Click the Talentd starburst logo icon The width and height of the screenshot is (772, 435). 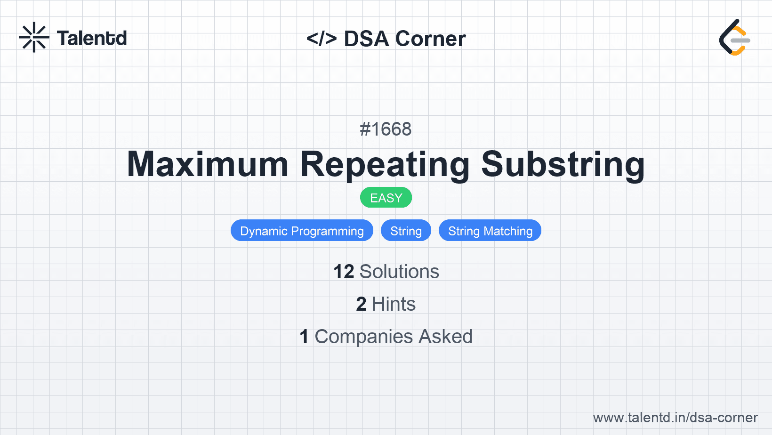coord(34,37)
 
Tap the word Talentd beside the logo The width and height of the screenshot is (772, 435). coord(92,38)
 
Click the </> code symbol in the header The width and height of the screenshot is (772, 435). coord(322,39)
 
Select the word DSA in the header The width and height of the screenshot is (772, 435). coord(366,39)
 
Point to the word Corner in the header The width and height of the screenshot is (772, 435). coord(430,39)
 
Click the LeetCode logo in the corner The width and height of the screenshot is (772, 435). coord(734,37)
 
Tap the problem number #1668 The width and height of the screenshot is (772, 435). coord(386,129)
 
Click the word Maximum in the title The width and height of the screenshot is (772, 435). coord(208,164)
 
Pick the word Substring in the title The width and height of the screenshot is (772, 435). coord(563,165)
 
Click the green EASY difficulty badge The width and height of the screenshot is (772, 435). coord(386,198)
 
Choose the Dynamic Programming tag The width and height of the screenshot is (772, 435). coord(302,231)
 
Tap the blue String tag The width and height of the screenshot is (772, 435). coord(406,231)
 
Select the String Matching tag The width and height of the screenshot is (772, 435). coord(490,231)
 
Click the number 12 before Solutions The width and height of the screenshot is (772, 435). coord(344,272)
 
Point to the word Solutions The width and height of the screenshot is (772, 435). coord(400,272)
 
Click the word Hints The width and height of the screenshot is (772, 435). coord(394,304)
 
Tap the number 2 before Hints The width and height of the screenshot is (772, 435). coord(361,304)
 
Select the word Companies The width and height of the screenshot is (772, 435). coord(363,337)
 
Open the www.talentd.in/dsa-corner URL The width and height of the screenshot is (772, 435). coord(675,418)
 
